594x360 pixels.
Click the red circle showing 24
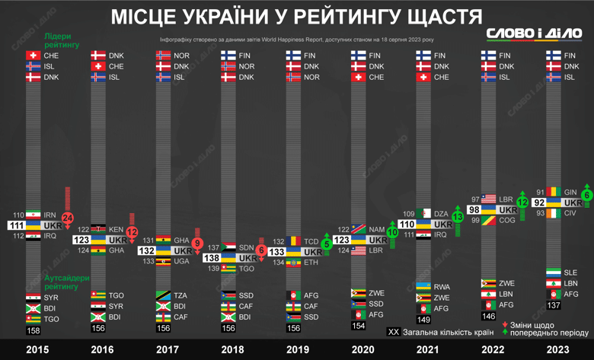68,218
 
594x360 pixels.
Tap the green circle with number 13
457,217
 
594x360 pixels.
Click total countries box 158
34,331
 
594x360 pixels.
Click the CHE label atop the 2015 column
51,56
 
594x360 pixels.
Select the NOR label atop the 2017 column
181,56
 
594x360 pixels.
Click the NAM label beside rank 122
377,229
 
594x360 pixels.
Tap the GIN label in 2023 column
571,192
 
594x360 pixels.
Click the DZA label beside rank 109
441,214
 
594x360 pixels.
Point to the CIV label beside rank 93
570,214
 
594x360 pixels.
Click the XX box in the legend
394,333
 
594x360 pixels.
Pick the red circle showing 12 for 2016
133,231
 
